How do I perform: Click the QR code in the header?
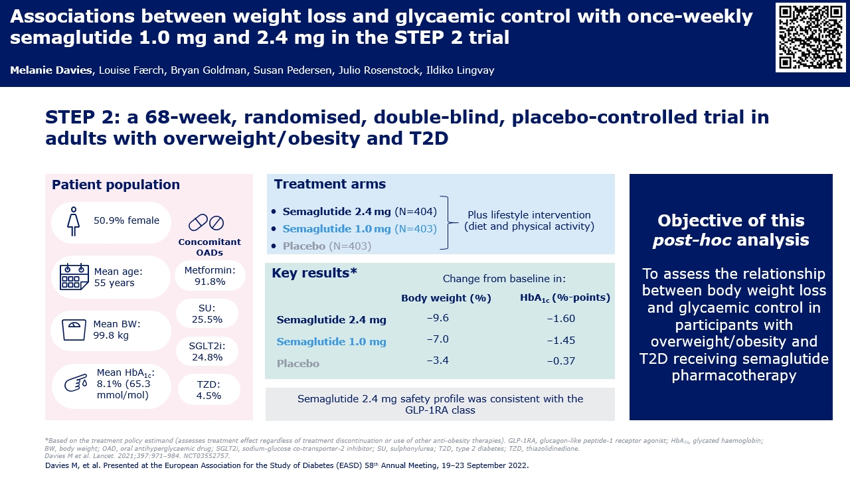tap(811, 37)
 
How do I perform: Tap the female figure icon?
tap(74, 222)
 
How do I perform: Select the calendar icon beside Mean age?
tap(74, 277)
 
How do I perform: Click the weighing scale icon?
tap(74, 330)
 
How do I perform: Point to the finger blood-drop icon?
tap(76, 383)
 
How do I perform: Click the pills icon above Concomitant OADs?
tap(206, 222)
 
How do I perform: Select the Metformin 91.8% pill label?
tap(210, 276)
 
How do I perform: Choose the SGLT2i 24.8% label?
tap(207, 352)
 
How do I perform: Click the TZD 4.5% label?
tap(209, 390)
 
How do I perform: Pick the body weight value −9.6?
tap(438, 318)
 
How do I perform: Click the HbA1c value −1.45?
tap(561, 341)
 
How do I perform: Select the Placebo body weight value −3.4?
tap(438, 360)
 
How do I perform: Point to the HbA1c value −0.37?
tap(561, 360)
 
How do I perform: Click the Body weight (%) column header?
tap(446, 298)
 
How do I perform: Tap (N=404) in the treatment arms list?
tap(416, 212)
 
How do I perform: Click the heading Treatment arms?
tap(330, 184)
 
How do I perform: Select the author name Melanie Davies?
tap(51, 70)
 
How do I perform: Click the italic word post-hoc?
tap(692, 240)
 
